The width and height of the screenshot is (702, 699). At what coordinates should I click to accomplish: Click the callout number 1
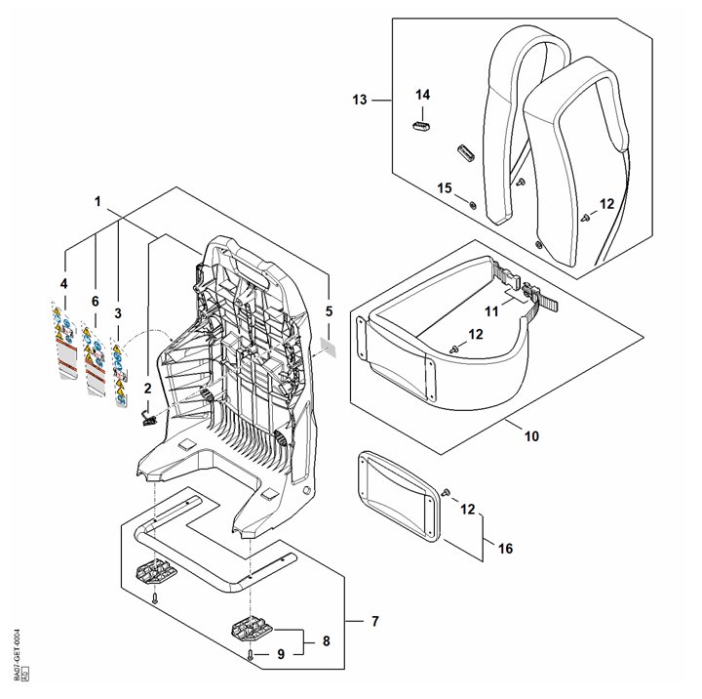(x=97, y=200)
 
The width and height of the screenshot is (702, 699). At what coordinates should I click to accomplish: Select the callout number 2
(x=148, y=388)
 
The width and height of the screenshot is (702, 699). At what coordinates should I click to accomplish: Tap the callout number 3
(x=118, y=313)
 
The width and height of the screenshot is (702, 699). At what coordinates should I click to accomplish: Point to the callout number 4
(x=63, y=284)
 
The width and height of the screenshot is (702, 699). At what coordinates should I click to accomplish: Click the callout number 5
(x=329, y=311)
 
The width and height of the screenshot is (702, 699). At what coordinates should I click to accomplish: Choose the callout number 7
(x=375, y=621)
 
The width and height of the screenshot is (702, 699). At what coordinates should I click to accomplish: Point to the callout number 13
(x=360, y=100)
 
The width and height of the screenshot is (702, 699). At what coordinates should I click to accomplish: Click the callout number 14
(x=422, y=95)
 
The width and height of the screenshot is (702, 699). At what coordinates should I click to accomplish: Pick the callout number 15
(x=444, y=186)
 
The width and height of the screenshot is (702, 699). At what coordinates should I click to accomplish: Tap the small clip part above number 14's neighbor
(x=421, y=127)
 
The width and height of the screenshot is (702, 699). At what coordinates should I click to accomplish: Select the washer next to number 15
(x=473, y=204)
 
